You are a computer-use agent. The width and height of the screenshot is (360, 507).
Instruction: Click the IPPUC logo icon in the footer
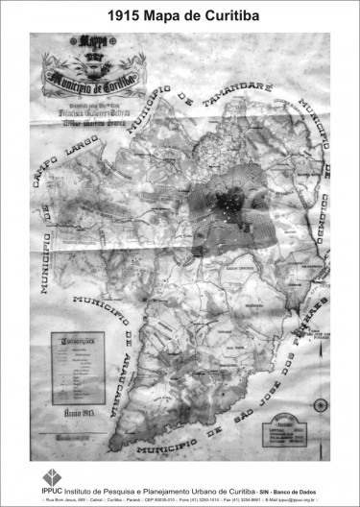54,474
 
